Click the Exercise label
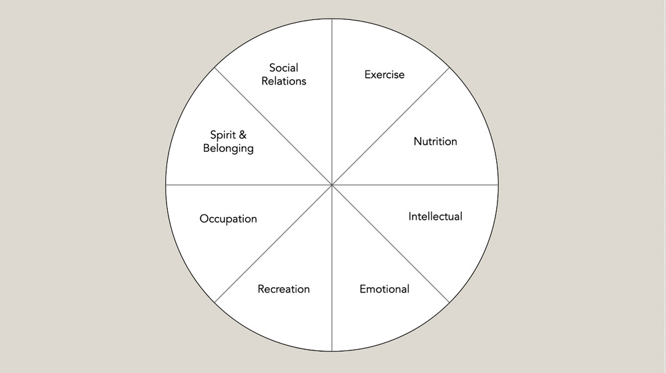(384, 75)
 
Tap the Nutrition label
(435, 142)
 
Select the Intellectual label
(435, 216)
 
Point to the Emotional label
(384, 289)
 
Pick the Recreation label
(284, 289)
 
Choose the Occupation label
(228, 218)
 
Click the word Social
(284, 67)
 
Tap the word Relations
(284, 81)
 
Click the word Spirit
(217, 135)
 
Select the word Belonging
(228, 149)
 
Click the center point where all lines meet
(332, 185)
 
